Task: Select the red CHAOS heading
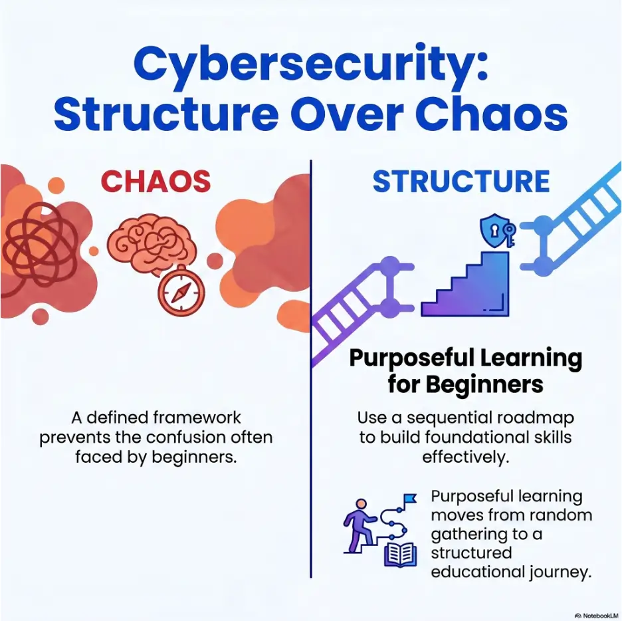point(155,182)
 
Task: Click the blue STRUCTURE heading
point(461,182)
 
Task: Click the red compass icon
point(181,291)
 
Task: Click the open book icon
point(400,554)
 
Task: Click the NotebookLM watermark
point(597,616)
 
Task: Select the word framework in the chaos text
point(197,418)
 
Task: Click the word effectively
point(466,457)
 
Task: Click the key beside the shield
point(509,234)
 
